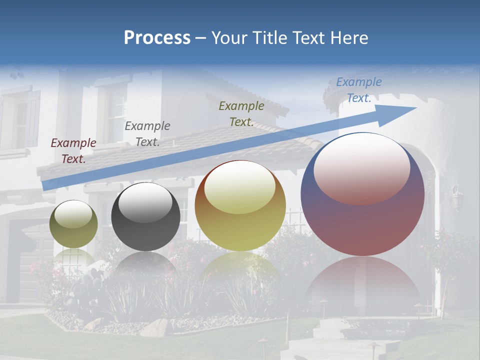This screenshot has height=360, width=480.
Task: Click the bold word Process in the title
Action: click(x=157, y=38)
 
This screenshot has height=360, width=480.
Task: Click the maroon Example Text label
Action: click(x=73, y=151)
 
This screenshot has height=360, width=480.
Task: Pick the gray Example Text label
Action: click(x=147, y=134)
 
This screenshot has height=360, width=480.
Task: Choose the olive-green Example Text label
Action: click(x=241, y=114)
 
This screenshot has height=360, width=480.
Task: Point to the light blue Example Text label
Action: click(x=358, y=90)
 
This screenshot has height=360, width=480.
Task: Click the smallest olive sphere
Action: click(x=73, y=224)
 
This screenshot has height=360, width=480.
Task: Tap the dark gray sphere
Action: click(x=145, y=217)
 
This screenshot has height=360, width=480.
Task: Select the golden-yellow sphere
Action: click(x=240, y=206)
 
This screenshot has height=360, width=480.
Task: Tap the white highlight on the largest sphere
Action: click(x=361, y=167)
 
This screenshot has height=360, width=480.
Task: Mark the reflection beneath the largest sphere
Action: click(x=362, y=282)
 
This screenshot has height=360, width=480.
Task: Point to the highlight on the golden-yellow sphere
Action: click(x=239, y=187)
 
